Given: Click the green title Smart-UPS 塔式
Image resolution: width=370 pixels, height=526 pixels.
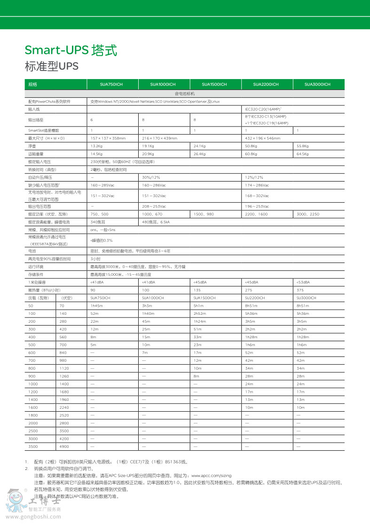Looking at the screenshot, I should (71, 50).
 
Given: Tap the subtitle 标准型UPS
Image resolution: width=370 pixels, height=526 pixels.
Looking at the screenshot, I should (51, 66).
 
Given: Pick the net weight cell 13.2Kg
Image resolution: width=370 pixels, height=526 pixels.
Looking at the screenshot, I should (96, 146).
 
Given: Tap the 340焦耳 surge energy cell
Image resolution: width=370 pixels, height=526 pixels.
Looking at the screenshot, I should (97, 222).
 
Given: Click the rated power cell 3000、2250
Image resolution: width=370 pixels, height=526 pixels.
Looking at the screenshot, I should (308, 214).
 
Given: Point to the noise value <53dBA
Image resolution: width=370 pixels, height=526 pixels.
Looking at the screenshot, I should (303, 282).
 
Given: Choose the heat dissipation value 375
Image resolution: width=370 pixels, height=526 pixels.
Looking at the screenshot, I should (299, 290).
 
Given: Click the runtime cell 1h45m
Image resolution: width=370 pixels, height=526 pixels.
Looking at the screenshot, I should (96, 305).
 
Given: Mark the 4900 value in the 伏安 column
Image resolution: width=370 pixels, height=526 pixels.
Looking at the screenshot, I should (64, 446).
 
